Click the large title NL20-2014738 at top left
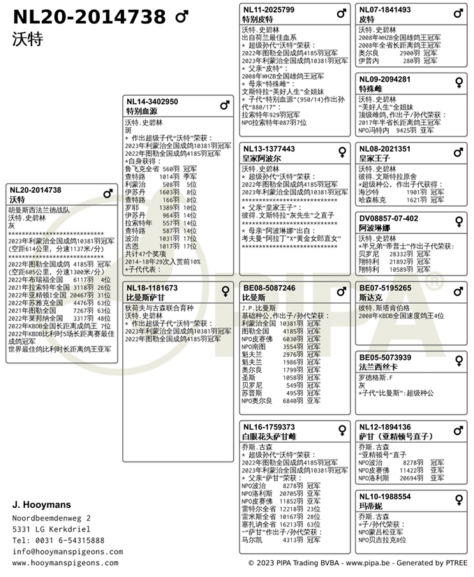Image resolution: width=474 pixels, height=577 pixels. [89, 16]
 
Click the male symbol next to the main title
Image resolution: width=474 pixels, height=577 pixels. [181, 16]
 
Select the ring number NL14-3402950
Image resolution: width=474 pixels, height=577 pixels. [151, 102]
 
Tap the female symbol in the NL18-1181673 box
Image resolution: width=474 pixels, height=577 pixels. [225, 290]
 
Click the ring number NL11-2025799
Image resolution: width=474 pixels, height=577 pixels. [268, 10]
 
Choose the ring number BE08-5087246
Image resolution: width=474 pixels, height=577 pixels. [269, 288]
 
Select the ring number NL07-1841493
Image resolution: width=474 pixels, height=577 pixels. [385, 10]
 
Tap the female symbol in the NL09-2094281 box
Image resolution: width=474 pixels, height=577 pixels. [459, 82]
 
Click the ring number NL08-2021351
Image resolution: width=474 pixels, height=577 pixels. [385, 149]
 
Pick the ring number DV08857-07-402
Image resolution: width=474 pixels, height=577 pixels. [389, 218]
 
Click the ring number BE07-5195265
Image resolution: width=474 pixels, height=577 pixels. [385, 288]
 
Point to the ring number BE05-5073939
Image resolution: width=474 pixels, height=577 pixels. [385, 358]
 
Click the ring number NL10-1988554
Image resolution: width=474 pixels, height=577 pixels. [385, 497]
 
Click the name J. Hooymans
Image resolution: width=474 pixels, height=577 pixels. [43, 504]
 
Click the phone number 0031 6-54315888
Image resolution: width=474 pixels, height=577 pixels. [69, 540]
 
